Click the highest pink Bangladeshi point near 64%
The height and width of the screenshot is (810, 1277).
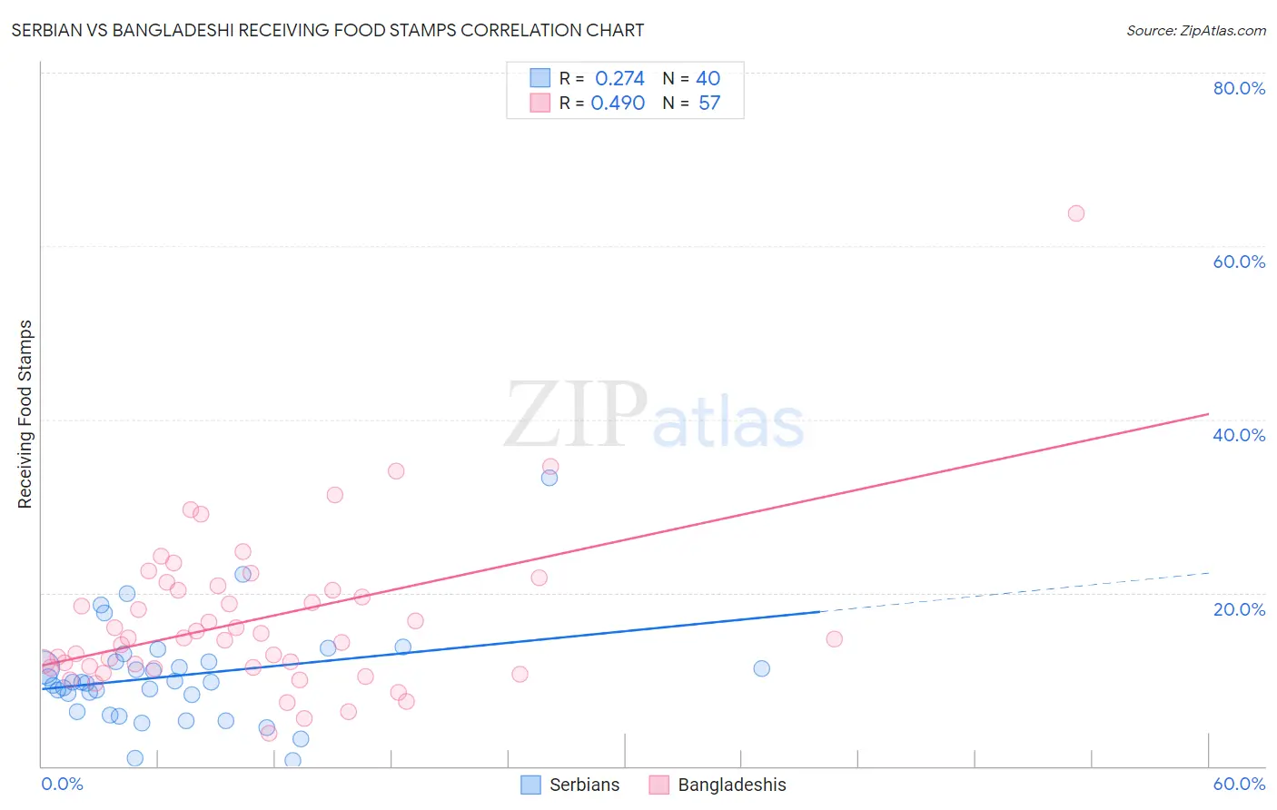click(x=1075, y=213)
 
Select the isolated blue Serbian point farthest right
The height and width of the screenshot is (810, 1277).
click(x=761, y=668)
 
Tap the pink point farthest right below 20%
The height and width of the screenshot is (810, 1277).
click(x=834, y=638)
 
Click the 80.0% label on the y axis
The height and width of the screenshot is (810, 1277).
click(x=1239, y=88)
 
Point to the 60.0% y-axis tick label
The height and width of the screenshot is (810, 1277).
click(x=1239, y=262)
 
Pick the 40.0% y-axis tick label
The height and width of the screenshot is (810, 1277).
click(x=1239, y=435)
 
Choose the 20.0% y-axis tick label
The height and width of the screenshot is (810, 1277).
click(x=1239, y=608)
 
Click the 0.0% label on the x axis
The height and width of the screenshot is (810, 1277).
click(x=62, y=784)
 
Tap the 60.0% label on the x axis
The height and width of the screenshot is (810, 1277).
click(x=1239, y=784)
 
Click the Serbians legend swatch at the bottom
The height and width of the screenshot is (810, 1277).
click(x=530, y=785)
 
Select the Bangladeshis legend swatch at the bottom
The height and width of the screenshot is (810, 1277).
click(x=659, y=785)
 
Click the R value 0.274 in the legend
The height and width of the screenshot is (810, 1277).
click(x=619, y=79)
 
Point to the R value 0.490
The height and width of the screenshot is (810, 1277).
click(x=618, y=104)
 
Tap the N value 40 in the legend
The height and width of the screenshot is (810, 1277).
click(x=708, y=79)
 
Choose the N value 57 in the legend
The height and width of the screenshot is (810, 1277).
click(x=709, y=104)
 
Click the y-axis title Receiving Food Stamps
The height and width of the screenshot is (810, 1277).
click(x=25, y=414)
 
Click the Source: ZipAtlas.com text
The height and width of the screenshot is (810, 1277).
click(x=1195, y=31)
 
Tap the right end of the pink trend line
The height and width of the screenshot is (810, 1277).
click(x=1208, y=414)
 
